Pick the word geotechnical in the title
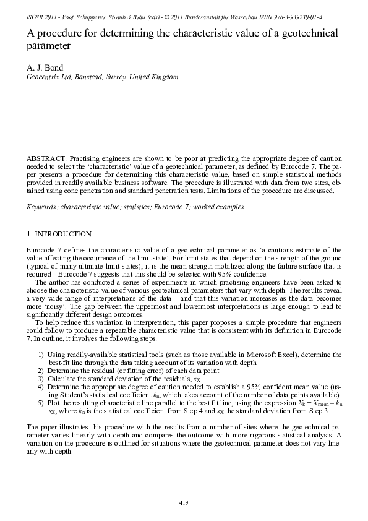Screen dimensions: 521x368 pyautogui.click(x=309, y=33)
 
